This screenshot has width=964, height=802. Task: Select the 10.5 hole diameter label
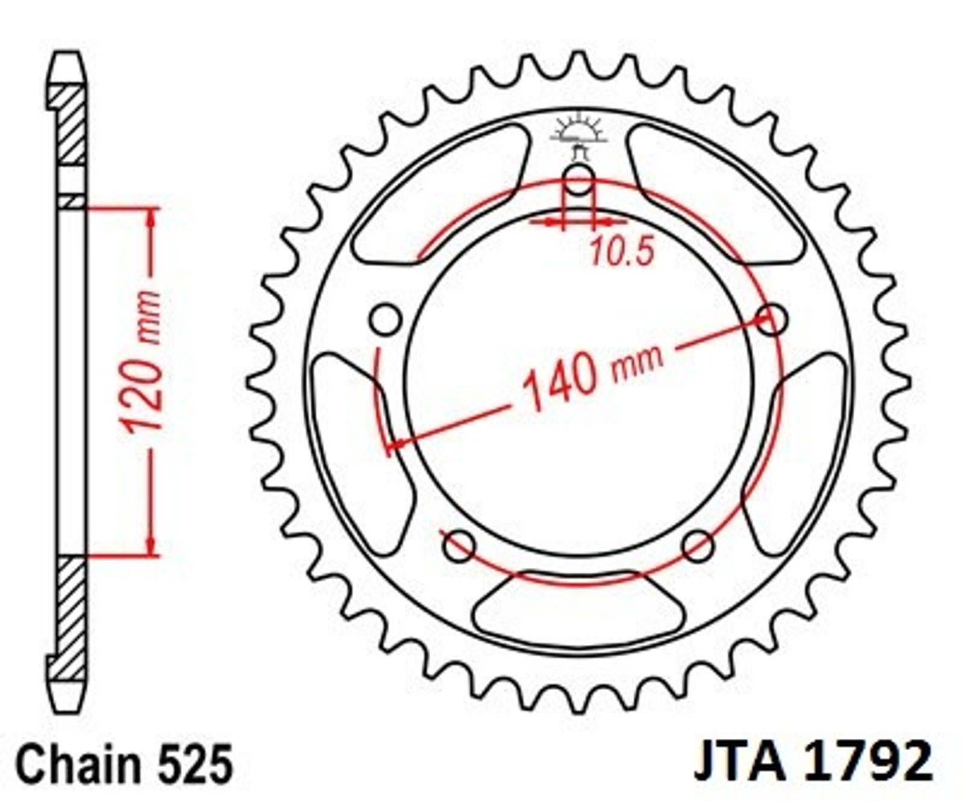coord(621,251)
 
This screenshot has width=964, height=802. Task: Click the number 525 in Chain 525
coord(196,763)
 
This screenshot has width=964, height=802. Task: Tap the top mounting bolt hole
coord(580,179)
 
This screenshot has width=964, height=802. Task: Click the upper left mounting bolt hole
coord(386,320)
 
